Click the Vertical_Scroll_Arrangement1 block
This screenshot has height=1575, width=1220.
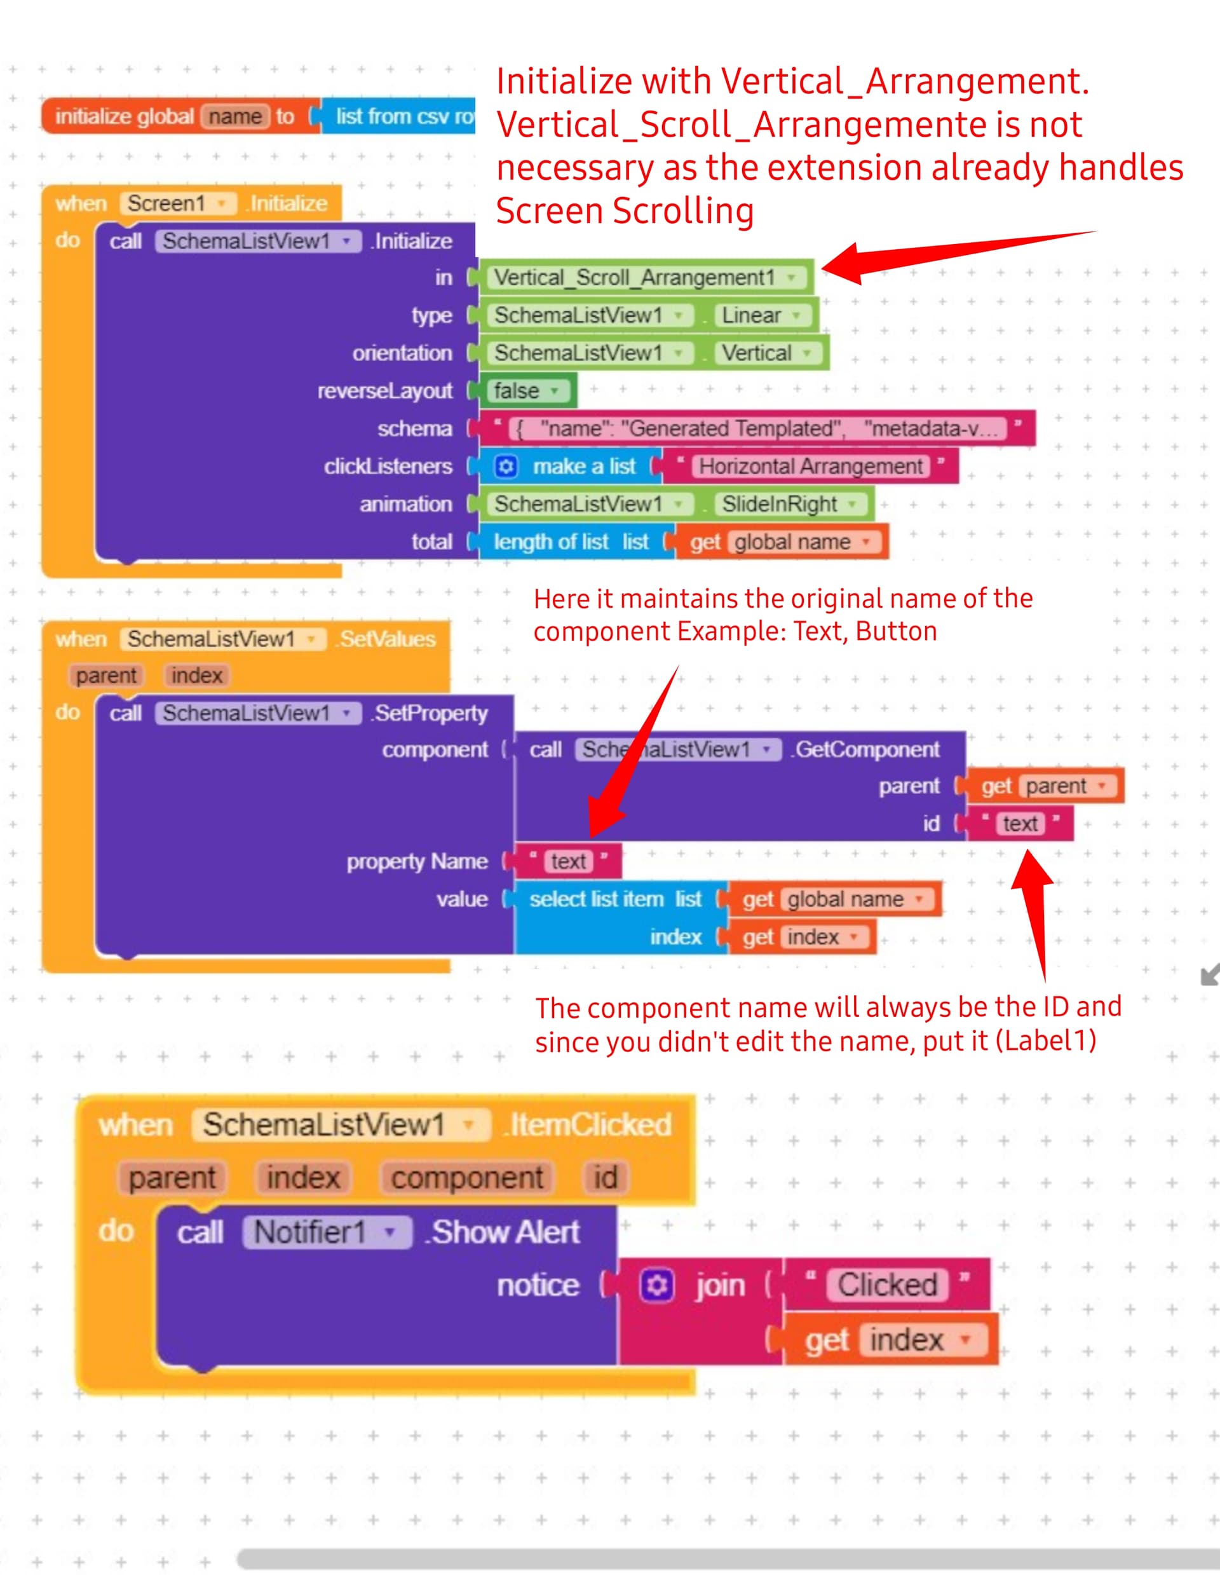coord(646,277)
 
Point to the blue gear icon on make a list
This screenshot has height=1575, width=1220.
coord(505,467)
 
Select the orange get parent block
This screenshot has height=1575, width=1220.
coord(1044,786)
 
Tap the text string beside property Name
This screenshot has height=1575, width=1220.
coord(568,861)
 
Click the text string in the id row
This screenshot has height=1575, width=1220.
coord(1020,824)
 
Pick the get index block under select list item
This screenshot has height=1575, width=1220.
coord(802,937)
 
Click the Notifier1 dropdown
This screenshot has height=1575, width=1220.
coord(327,1232)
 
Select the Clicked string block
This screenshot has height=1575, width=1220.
coord(886,1285)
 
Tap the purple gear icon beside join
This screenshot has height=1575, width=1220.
coord(657,1285)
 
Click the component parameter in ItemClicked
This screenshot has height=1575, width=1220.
coord(467,1178)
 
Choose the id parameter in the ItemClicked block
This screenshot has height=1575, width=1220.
coord(606,1178)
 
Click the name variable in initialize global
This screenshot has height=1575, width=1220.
coord(235,116)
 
